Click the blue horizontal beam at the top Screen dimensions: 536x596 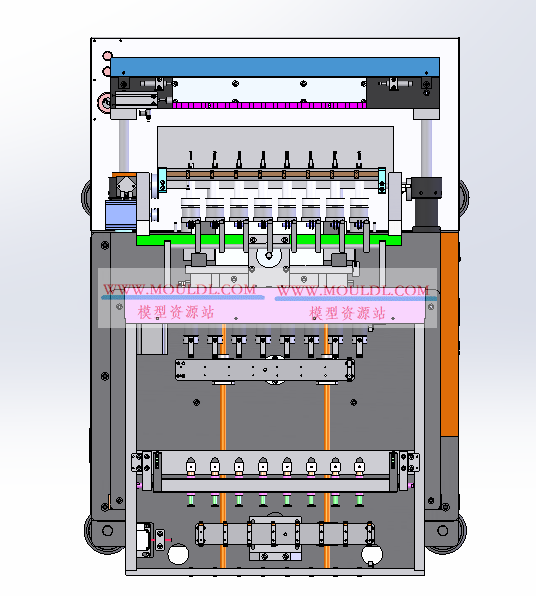[x=275, y=67]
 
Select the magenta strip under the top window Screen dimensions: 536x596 [x=269, y=105]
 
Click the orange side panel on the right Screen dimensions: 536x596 [x=449, y=334]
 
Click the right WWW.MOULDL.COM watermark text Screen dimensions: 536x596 [x=353, y=290]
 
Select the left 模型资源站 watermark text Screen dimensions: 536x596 [x=176, y=312]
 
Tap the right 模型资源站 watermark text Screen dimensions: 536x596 [x=347, y=313]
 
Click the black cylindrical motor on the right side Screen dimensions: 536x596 [x=427, y=203]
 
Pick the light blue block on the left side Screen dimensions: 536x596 [x=121, y=215]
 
